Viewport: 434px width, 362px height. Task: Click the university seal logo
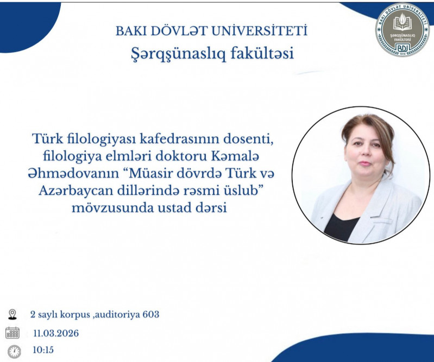[x=402, y=30]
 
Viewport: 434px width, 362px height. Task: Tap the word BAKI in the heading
[x=130, y=31]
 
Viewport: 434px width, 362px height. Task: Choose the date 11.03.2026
[x=56, y=333]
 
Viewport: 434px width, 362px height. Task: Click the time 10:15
[x=43, y=350]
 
